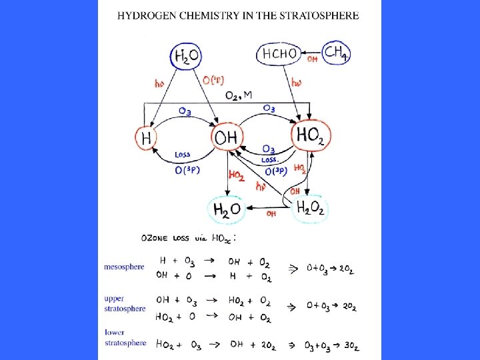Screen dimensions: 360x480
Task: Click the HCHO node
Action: [x=279, y=54]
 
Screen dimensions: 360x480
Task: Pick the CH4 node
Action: [x=336, y=53]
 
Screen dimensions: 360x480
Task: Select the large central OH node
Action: [x=225, y=138]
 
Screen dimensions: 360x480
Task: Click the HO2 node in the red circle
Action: [x=311, y=135]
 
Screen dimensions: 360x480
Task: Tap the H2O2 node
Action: [x=310, y=208]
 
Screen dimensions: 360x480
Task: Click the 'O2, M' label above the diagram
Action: [x=239, y=95]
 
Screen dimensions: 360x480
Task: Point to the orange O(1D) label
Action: [x=213, y=81]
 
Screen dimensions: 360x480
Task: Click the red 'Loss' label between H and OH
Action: [x=182, y=155]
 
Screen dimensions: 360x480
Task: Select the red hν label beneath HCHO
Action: [x=297, y=82]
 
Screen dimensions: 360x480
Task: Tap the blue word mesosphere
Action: [x=124, y=267]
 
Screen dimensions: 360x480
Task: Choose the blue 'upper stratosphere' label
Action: [x=125, y=303]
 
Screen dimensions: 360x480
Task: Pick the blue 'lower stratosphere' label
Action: [x=125, y=337]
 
